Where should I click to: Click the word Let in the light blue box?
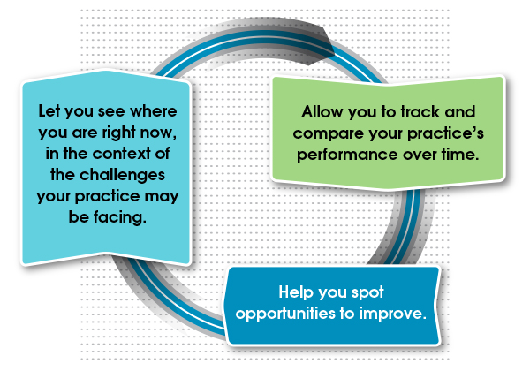pos(49,110)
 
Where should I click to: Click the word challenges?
pos(123,176)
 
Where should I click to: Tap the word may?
pos(162,197)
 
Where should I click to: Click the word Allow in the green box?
pos(322,112)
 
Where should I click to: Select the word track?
pos(420,112)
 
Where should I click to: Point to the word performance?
pos(347,155)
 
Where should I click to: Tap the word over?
pos(420,155)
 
